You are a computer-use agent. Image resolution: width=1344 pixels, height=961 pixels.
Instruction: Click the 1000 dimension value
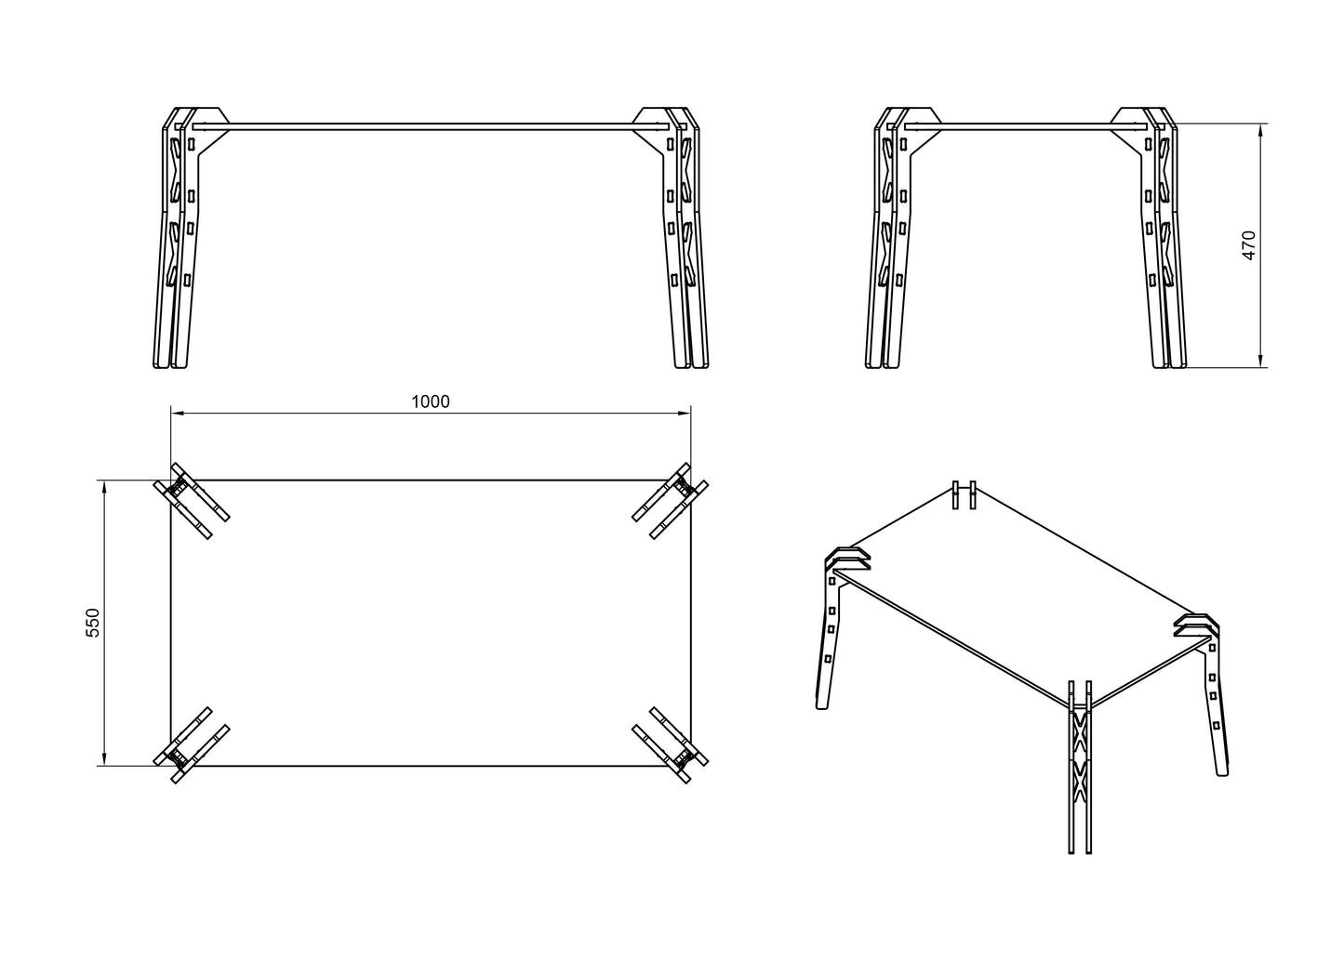431,402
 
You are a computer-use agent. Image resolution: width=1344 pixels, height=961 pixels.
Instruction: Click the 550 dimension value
93,623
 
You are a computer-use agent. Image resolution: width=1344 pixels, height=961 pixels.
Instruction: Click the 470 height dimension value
1248,245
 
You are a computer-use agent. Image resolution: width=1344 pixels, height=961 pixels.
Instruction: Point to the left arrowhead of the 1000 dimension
178,413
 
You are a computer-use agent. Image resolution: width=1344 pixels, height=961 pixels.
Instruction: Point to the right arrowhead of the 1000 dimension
684,413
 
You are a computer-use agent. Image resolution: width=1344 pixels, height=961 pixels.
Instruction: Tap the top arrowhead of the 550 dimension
104,487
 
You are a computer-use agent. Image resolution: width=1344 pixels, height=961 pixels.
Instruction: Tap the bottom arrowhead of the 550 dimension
104,758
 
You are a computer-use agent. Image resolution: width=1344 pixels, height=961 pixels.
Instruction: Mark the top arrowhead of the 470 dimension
1260,131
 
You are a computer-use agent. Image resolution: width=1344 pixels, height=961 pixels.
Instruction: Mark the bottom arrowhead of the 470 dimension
1260,360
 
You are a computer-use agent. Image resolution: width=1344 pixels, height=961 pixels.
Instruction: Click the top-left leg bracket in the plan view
191,501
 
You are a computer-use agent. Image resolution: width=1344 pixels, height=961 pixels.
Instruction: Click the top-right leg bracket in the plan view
671,501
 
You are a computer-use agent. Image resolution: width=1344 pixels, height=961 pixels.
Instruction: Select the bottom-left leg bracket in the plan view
191,745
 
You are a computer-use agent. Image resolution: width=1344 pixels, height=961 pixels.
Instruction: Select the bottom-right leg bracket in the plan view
671,745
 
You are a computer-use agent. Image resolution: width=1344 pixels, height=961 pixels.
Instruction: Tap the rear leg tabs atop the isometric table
965,494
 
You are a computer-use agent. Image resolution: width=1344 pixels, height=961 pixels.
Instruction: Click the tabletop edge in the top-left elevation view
431,126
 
